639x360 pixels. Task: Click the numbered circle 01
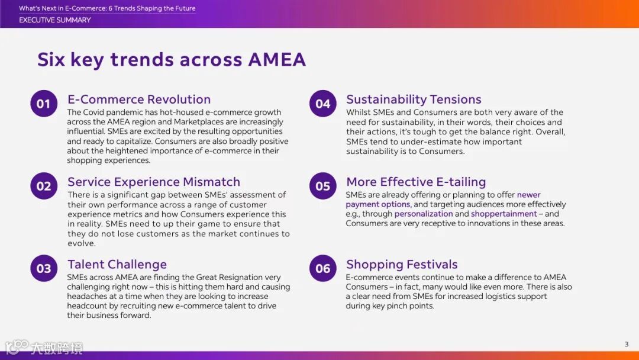44,104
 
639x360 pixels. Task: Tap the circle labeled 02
44,186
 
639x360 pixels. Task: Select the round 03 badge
44,268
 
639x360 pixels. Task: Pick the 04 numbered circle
323,104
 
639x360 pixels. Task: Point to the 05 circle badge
323,186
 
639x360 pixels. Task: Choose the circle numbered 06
323,268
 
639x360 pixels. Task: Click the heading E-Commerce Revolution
139,99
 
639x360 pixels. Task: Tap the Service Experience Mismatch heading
154,182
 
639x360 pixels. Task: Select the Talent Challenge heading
117,264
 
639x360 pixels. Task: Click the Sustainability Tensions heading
414,99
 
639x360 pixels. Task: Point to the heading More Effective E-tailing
416,182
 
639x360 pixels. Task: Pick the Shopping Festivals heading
402,264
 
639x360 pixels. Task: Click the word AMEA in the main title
277,60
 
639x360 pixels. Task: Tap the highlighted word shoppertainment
504,214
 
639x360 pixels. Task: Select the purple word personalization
424,214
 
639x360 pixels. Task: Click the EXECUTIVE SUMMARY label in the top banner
54,20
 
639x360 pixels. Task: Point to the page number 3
627,345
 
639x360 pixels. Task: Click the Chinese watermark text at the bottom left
57,348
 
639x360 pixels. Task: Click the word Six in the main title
51,60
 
